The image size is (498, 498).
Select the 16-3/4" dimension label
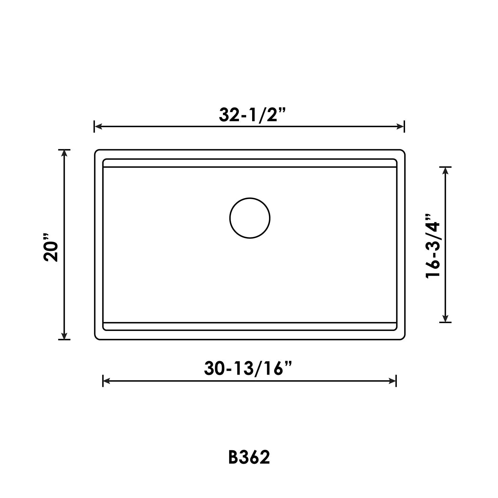tap(433, 246)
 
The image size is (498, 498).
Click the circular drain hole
tap(250, 218)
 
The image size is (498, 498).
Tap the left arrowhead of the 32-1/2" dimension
tap(98, 127)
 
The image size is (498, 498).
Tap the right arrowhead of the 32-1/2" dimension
tap(401, 127)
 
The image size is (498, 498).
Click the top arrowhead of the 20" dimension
tap(64, 154)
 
